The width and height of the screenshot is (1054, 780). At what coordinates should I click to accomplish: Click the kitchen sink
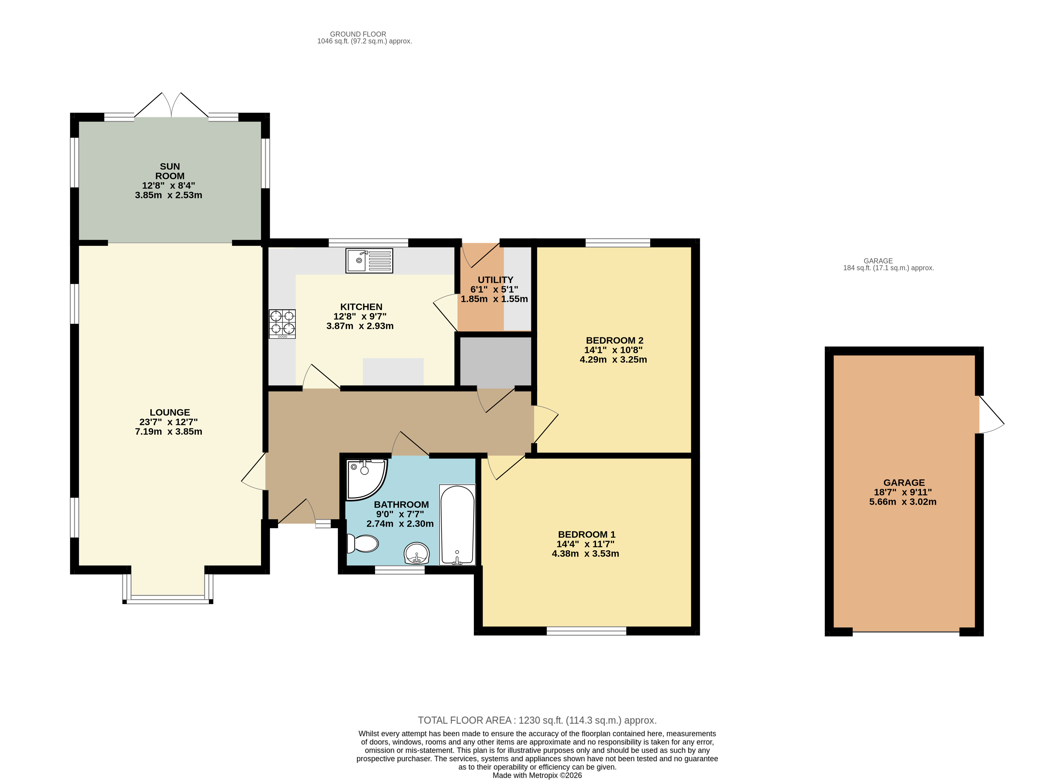click(x=369, y=260)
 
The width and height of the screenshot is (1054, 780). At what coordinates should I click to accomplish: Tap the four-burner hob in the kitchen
click(x=282, y=324)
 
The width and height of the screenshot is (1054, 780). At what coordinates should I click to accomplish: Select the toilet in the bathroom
click(x=362, y=544)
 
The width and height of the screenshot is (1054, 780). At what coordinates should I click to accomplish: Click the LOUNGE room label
click(x=170, y=412)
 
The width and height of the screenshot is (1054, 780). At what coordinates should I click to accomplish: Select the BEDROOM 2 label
click(x=615, y=341)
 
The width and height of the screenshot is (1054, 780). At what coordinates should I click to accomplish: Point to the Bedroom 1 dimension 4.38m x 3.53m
click(x=585, y=553)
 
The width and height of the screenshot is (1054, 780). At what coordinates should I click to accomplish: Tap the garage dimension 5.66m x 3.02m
click(x=903, y=502)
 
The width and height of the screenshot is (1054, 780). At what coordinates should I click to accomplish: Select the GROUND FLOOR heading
click(x=358, y=34)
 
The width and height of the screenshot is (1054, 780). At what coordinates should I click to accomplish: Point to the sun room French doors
click(x=171, y=105)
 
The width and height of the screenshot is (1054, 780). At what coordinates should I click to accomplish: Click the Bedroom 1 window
click(x=587, y=631)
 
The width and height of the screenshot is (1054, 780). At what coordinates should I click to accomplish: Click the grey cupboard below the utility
click(x=496, y=362)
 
